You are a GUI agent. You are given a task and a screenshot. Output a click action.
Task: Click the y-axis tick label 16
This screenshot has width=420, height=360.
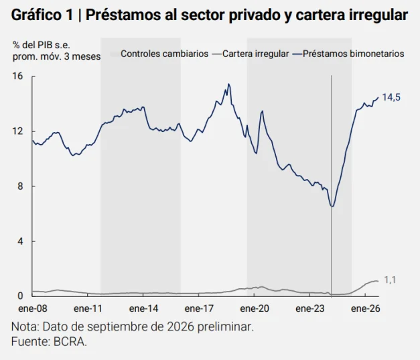18,76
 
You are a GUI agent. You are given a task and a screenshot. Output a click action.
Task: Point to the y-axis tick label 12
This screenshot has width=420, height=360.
18,131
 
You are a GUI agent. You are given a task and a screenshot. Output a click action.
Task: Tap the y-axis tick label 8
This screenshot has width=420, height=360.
20,186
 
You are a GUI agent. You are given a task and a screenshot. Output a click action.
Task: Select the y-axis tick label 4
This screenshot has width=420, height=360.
20,241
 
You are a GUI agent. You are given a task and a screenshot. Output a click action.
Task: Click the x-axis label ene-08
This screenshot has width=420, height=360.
32,308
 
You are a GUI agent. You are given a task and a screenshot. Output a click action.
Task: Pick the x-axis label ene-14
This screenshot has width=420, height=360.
143,308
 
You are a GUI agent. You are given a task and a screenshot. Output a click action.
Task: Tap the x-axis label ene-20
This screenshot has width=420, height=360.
255,308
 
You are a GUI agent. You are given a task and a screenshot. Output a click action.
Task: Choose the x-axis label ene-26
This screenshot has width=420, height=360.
365,308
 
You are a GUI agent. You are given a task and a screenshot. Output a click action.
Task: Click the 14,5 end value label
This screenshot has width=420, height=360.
391,97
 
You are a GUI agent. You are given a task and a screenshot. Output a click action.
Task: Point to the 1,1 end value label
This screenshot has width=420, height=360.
390,280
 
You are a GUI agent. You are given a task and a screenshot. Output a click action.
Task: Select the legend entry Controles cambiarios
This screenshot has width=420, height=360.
159,54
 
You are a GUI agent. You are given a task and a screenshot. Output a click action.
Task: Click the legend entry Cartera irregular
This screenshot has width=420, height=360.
251,54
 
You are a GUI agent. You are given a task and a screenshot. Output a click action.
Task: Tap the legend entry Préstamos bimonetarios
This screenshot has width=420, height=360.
348,54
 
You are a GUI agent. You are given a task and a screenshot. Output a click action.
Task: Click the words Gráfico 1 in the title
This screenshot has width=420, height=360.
42,15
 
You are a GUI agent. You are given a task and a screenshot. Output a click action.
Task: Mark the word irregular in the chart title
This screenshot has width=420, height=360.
378,15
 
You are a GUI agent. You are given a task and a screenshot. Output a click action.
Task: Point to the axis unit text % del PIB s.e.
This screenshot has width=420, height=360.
42,45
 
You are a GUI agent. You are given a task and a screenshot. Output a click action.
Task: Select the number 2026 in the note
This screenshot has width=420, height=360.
180,326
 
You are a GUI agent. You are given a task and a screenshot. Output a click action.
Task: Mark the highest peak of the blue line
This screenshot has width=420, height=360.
228,84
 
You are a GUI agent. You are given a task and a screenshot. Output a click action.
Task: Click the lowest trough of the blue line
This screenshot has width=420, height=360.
332,206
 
